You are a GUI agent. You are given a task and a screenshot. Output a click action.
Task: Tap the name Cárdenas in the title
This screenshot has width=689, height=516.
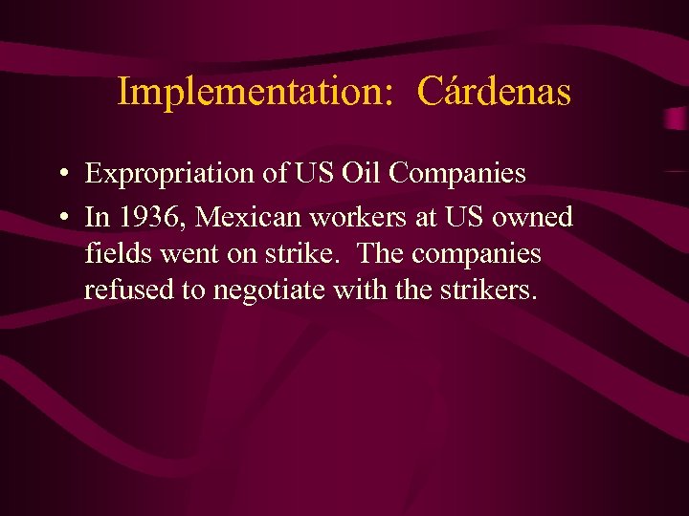495,93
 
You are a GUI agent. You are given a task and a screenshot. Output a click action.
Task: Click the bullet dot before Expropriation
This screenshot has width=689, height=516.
60,175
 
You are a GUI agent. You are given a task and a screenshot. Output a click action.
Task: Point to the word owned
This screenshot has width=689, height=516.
532,218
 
